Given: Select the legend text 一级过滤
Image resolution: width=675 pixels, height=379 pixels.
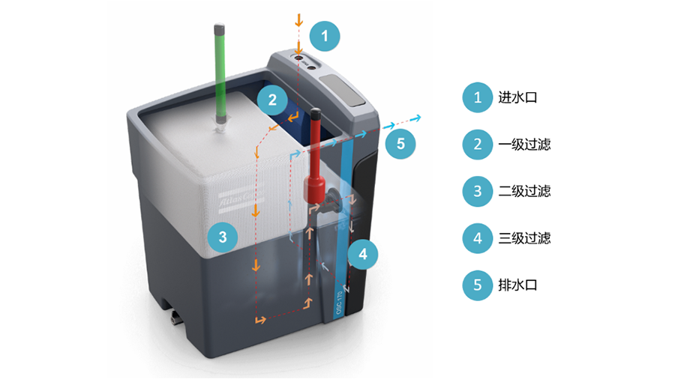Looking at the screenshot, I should [x=524, y=145].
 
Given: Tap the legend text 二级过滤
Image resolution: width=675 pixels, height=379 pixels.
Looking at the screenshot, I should [x=524, y=191].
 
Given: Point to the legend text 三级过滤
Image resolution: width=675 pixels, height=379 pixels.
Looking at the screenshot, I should [x=524, y=238].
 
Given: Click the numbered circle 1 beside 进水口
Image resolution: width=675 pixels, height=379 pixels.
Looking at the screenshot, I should [x=478, y=97].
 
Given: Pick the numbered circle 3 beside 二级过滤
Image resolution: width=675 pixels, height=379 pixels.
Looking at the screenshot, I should [x=478, y=191].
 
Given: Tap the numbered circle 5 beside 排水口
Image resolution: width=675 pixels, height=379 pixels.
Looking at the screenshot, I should [x=478, y=285].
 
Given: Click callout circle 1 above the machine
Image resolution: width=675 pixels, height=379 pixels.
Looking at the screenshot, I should [x=325, y=35].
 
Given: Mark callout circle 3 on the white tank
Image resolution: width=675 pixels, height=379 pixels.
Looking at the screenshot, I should [x=223, y=237].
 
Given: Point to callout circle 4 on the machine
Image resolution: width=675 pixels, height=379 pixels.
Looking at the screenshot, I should [x=363, y=254].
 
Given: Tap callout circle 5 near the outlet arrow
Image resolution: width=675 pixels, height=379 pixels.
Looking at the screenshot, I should [x=400, y=143].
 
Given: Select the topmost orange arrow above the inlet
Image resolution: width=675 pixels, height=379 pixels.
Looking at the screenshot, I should [x=299, y=18].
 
